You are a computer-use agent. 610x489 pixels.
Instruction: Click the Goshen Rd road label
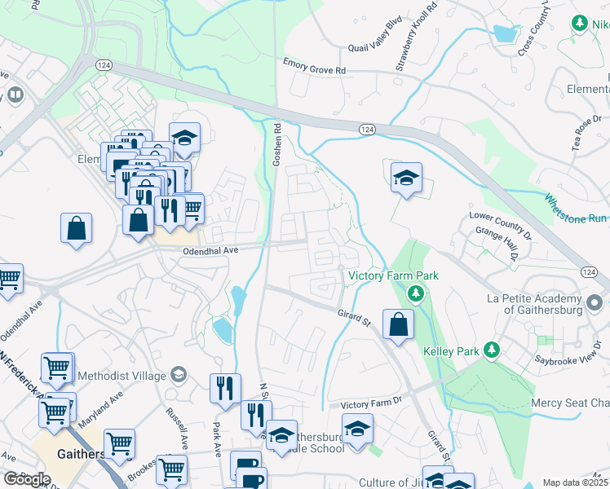tap(277, 146)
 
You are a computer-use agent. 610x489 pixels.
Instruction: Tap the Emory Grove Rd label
tap(314, 66)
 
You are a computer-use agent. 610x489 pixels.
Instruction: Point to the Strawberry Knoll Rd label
tap(419, 37)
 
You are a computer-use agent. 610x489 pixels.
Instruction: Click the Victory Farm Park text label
tap(394, 276)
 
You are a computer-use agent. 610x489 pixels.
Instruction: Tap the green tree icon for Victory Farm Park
tap(417, 293)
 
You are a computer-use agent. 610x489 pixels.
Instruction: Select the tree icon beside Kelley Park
tap(491, 350)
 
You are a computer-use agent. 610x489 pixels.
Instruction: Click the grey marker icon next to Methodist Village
tap(178, 375)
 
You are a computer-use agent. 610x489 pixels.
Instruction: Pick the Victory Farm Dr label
tap(372, 403)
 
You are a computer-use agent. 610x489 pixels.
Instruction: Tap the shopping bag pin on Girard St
tap(397, 324)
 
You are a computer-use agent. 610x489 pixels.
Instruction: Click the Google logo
tap(27, 479)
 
